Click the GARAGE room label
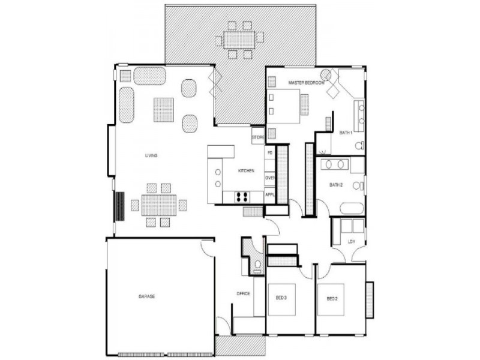[147, 296]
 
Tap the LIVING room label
[151, 156]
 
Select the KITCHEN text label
[246, 171]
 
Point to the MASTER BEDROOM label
[306, 82]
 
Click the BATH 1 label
[346, 132]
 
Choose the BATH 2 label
[335, 185]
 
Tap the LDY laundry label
[351, 242]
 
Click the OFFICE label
[243, 293]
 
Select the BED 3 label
[282, 298]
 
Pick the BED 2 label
[332, 298]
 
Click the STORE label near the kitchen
[258, 138]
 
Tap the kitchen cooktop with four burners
[241, 196]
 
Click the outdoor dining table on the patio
[239, 40]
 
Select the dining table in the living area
[158, 205]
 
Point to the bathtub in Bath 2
[352, 209]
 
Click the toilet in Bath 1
[359, 145]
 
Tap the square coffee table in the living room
[163, 109]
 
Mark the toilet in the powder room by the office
[257, 265]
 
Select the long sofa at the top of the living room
[149, 76]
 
